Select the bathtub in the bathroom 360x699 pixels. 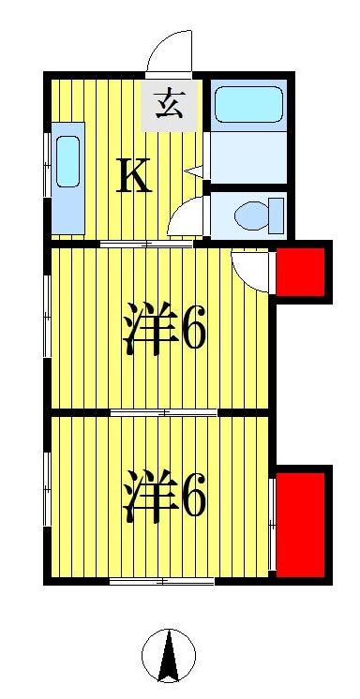[247, 105]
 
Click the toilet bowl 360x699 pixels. [252, 214]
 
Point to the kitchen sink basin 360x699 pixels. [68, 160]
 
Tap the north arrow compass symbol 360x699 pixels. [170, 655]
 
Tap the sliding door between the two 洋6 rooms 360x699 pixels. [164, 411]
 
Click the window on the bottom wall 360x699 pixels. [161, 582]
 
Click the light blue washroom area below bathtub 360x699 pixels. [247, 158]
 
